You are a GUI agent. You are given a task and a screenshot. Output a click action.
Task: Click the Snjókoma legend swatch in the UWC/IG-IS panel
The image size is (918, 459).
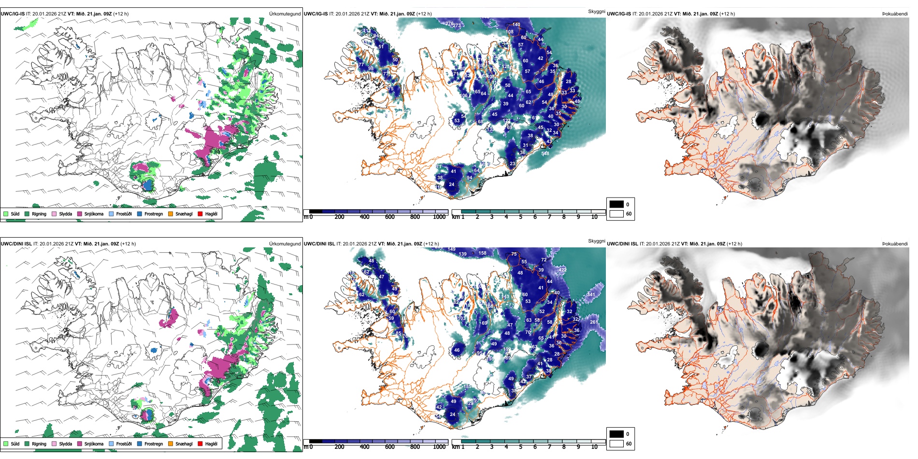[x=80, y=214]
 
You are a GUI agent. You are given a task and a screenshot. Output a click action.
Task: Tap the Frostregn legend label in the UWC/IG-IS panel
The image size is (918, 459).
[x=154, y=214]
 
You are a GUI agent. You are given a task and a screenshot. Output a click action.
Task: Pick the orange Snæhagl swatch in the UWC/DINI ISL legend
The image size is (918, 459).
[x=171, y=444]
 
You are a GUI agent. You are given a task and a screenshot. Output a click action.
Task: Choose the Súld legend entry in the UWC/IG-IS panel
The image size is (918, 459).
[x=15, y=214]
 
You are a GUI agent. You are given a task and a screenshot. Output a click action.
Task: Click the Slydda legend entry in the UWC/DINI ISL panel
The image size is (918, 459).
[x=65, y=444]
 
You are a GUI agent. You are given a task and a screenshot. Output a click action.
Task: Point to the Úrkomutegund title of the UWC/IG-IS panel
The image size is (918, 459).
[x=285, y=14]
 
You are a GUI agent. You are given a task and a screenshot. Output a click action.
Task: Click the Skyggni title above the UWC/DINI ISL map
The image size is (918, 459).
[x=596, y=241]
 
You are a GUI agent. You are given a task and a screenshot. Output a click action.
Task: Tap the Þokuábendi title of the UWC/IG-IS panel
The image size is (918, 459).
[x=894, y=14]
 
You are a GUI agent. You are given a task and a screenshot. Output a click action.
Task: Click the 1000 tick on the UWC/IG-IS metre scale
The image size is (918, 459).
[x=439, y=217]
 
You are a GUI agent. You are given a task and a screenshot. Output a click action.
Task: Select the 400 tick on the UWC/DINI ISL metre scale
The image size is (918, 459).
[x=364, y=447]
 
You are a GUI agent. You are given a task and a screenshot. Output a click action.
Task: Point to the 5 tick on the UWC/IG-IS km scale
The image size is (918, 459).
[x=520, y=217]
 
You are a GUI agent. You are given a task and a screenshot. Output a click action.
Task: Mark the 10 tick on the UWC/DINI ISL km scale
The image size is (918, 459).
[x=594, y=447]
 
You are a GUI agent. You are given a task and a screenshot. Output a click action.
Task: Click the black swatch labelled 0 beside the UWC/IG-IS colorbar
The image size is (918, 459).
[x=617, y=204]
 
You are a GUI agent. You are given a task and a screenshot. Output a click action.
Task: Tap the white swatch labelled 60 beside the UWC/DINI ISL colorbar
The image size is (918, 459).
[x=617, y=444]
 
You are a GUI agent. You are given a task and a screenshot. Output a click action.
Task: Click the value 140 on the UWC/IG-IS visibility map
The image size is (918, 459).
[x=516, y=24]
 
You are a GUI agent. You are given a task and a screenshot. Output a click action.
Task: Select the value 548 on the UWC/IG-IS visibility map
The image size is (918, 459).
[x=545, y=154]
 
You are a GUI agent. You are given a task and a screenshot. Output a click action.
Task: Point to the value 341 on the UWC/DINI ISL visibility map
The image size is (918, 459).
[x=591, y=294]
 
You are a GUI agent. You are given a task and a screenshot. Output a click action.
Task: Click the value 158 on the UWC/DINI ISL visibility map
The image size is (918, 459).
[x=482, y=253]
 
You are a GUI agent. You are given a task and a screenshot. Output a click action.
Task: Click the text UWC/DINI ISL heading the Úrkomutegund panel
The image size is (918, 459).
[x=16, y=244]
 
